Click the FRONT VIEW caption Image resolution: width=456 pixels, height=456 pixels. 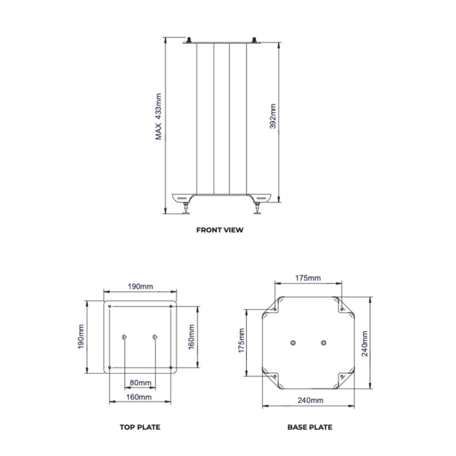click(220, 230)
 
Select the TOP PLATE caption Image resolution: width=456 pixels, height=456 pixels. click(140, 427)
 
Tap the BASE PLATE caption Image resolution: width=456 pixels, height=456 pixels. click(310, 427)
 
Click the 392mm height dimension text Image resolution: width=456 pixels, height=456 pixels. click(273, 117)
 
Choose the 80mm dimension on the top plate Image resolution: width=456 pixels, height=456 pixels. click(140, 383)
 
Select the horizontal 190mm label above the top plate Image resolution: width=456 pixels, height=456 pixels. click(140, 286)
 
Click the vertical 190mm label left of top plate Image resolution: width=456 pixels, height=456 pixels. click(81, 337)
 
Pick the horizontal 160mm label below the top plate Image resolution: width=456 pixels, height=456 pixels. click(139, 397)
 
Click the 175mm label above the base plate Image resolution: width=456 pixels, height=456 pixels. click(308, 278)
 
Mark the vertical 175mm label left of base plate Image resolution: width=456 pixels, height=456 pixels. click(242, 340)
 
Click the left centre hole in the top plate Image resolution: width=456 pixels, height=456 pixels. click(124, 337)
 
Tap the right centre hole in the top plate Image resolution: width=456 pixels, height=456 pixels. click(155, 337)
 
